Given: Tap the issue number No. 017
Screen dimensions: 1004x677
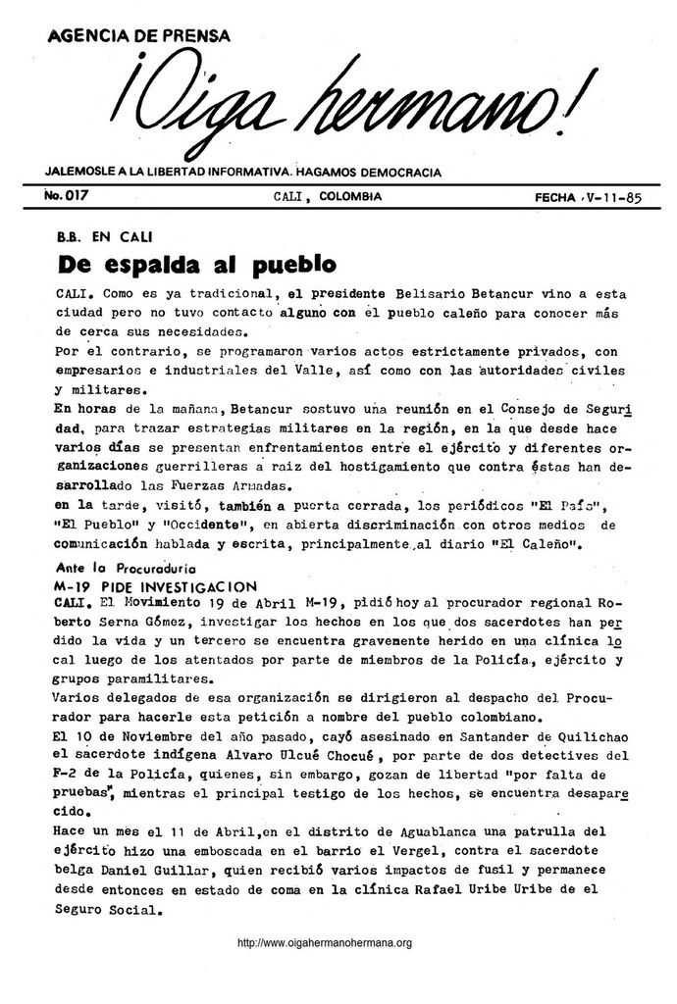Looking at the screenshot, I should tap(67, 196).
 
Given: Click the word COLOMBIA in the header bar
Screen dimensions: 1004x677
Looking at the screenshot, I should tap(350, 197).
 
